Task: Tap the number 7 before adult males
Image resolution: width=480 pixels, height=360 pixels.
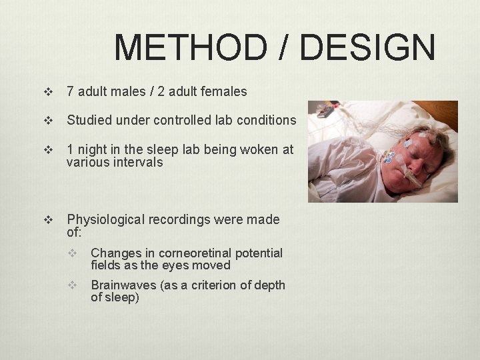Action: [x=70, y=91]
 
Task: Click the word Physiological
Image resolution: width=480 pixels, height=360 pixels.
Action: [x=109, y=219]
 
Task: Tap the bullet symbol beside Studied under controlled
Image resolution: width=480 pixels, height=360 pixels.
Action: [x=47, y=121]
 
